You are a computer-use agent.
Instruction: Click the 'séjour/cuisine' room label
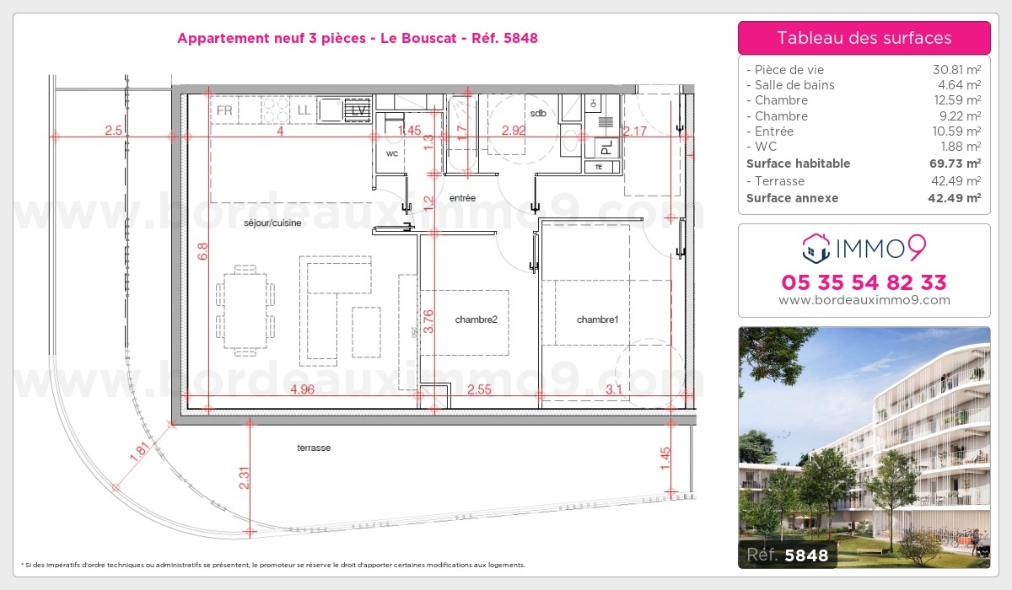point(272,223)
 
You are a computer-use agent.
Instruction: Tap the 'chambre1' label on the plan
point(597,319)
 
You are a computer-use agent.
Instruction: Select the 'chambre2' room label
point(476,319)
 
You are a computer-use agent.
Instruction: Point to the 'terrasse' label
point(314,448)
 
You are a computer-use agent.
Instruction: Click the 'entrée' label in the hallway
point(463,198)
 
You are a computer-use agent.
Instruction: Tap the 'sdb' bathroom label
point(538,113)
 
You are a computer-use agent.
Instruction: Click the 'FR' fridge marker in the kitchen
point(224,110)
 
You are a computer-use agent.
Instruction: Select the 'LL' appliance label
point(304,110)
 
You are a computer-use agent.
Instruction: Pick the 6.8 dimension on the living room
point(202,251)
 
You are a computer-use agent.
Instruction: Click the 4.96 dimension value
point(302,389)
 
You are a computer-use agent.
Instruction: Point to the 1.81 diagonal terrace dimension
point(139,452)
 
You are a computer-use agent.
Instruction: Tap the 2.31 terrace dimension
point(244,478)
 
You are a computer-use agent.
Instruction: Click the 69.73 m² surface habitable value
point(955,163)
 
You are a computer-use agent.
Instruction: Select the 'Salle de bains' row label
point(794,85)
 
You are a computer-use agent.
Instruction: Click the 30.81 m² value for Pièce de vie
point(957,69)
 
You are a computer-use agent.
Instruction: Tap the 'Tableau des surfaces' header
point(864,38)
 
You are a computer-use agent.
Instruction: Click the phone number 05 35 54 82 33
point(864,282)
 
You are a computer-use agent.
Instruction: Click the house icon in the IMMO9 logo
point(816,248)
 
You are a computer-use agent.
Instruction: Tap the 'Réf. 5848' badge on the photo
point(788,555)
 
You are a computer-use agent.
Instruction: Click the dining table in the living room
point(245,310)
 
